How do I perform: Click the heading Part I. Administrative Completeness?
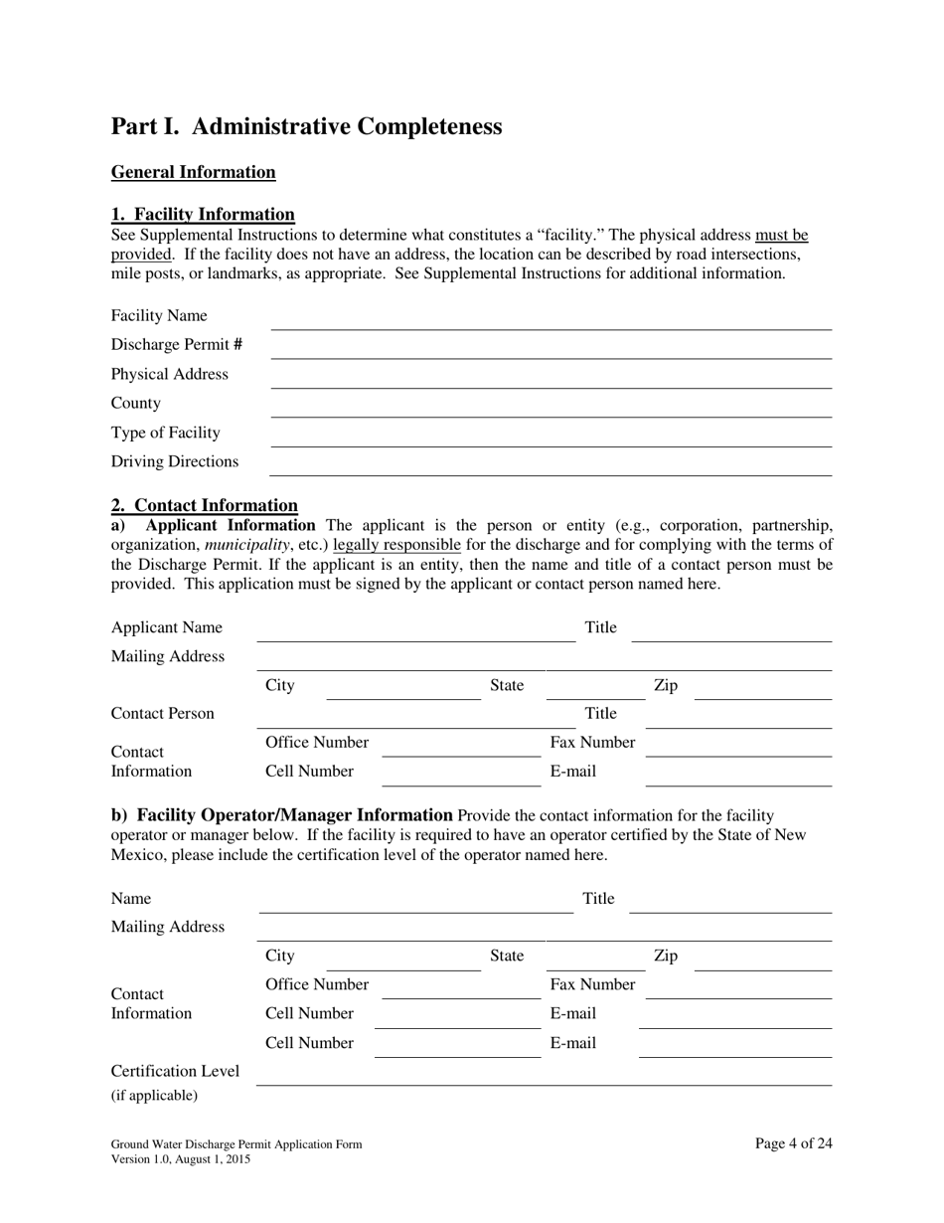pos(306,126)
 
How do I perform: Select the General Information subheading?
pos(193,172)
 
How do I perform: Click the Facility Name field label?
pos(159,316)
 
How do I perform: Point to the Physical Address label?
pos(169,374)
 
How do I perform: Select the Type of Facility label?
pos(165,433)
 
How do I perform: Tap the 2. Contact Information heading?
pos(204,505)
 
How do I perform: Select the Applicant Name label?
pos(166,627)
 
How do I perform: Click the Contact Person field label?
pos(162,714)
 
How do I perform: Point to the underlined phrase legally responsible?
pos(396,545)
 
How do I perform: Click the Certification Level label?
pos(175,1071)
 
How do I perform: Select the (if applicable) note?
pos(154,1096)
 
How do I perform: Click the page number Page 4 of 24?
pos(793,1143)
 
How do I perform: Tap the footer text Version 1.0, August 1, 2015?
pos(180,1159)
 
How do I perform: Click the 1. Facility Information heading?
pos(203,215)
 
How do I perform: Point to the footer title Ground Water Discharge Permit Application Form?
pos(236,1144)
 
